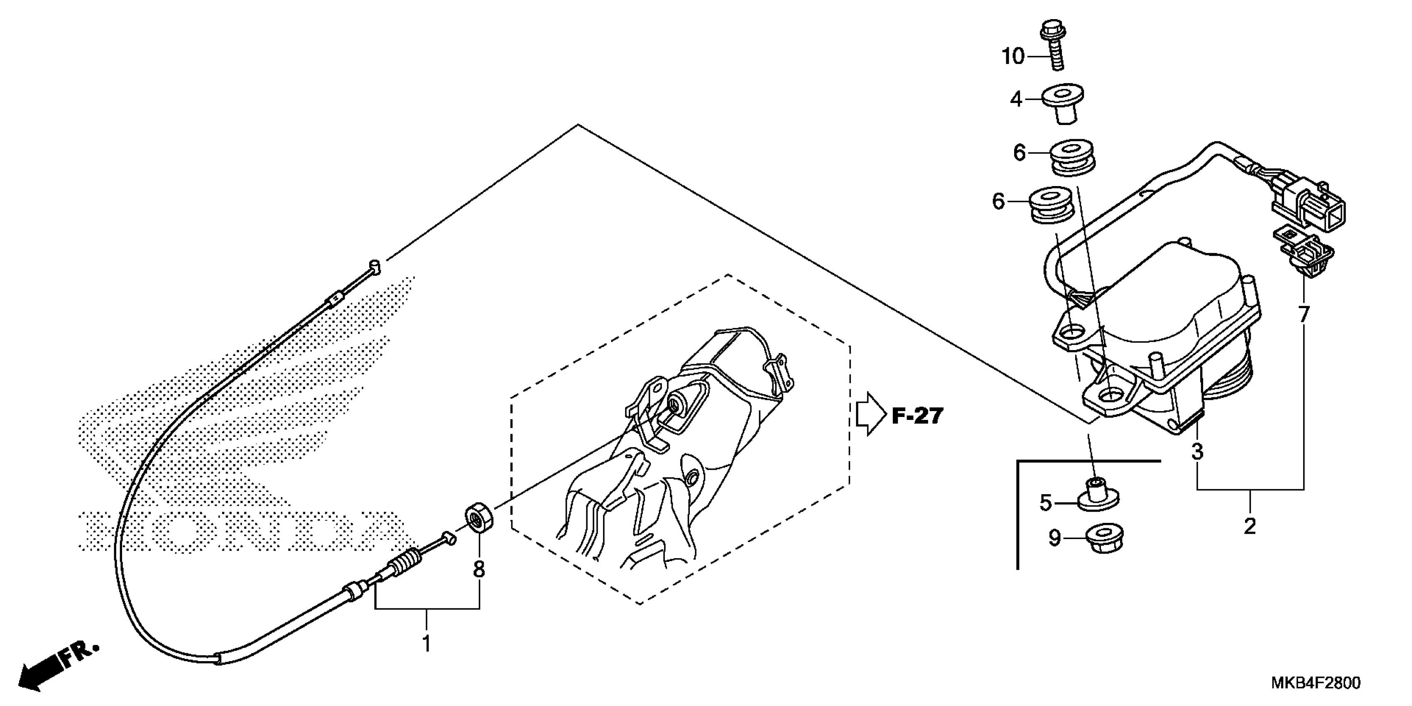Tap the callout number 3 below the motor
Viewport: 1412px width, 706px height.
coord(1197,452)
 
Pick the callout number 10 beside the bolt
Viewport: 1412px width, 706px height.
coord(1013,56)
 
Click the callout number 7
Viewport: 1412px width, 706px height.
coord(1304,315)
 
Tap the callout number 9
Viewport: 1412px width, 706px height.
coord(1054,539)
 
